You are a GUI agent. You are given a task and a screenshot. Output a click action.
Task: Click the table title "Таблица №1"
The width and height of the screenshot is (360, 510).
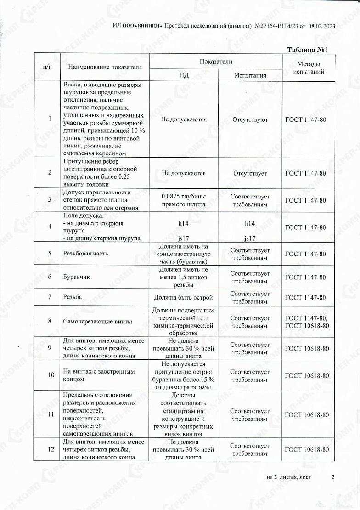pos(306,50)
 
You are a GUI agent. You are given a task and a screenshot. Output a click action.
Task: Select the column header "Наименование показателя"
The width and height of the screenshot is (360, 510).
pos(105,67)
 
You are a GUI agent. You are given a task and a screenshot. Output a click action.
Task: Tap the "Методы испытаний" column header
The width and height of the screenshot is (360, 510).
pos(308,68)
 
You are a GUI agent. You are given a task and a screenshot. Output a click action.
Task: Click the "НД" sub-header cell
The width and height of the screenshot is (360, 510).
pos(184,75)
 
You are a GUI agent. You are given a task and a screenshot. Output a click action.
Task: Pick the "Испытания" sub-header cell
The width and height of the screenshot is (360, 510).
pos(250,75)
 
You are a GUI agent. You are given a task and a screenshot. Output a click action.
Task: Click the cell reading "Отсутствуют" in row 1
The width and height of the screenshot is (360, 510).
pos(250,119)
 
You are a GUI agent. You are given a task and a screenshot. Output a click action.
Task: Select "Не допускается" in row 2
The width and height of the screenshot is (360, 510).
pos(184,173)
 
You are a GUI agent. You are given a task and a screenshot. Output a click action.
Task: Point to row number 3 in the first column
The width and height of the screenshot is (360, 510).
pos(50,200)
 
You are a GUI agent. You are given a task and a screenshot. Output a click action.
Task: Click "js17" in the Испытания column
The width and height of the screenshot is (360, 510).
pos(250,239)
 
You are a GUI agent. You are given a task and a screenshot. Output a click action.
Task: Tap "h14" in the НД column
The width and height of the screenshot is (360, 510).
pos(184,223)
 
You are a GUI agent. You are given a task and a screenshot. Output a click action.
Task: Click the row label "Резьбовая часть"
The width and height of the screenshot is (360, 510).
pos(84,254)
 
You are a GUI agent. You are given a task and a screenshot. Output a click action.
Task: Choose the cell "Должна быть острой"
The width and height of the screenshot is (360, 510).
pos(184,297)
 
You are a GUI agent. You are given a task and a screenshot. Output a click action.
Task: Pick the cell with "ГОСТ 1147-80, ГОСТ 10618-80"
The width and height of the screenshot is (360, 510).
pos(307,321)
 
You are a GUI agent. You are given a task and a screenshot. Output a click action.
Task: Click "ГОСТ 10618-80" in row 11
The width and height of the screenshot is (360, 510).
pos(307,414)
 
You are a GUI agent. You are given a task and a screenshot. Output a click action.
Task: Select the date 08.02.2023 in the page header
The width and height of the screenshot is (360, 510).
pos(322,26)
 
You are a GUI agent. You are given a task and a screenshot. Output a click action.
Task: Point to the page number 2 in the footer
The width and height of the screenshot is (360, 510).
pos(332,477)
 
